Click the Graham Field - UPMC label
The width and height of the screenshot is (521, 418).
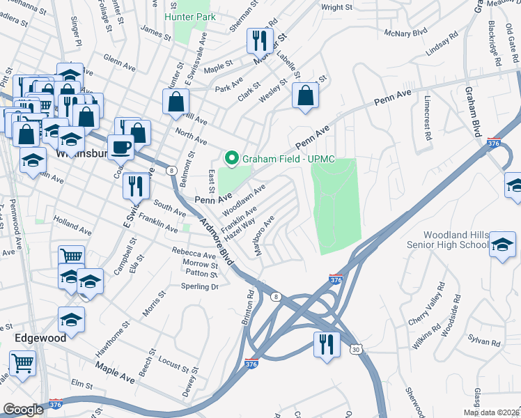point(288,159)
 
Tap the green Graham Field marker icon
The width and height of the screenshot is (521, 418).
point(231,159)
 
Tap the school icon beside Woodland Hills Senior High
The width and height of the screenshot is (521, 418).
point(502,246)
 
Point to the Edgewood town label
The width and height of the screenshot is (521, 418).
point(40,338)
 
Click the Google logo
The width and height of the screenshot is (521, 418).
point(24,409)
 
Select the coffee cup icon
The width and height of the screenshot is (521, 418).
point(122,147)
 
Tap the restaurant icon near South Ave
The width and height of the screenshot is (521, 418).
point(133,185)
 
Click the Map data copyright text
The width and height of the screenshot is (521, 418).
point(491,411)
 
